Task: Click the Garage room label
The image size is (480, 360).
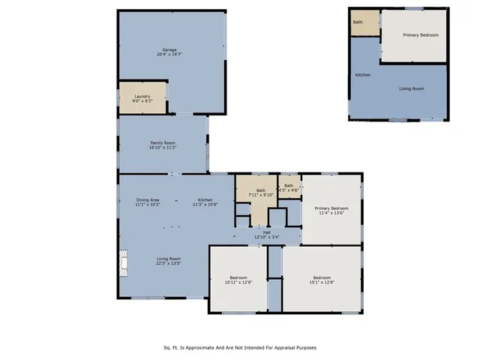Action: pos(169,49)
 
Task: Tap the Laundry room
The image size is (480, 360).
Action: pos(142,98)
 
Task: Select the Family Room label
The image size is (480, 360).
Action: pos(162,142)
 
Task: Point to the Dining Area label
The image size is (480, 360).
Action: pos(147,199)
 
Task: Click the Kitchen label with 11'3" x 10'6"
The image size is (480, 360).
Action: pos(205,199)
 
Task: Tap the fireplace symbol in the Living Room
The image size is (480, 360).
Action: pos(123,262)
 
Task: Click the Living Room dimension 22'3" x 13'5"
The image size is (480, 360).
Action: pos(168,263)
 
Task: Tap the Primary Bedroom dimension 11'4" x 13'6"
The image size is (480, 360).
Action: pos(331,214)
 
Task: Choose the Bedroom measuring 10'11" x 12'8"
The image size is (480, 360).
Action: pos(238,283)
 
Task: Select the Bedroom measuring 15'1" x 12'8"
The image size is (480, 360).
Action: pos(322,283)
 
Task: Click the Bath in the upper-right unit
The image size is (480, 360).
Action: pos(358,22)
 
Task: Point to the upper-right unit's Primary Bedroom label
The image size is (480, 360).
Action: pos(420,35)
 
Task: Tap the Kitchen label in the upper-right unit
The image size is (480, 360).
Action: pos(362,75)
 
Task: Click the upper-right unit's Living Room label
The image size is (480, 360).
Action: pos(411,88)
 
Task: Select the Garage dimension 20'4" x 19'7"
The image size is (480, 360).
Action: pos(169,55)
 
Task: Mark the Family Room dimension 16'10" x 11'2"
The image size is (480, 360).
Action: pos(162,148)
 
